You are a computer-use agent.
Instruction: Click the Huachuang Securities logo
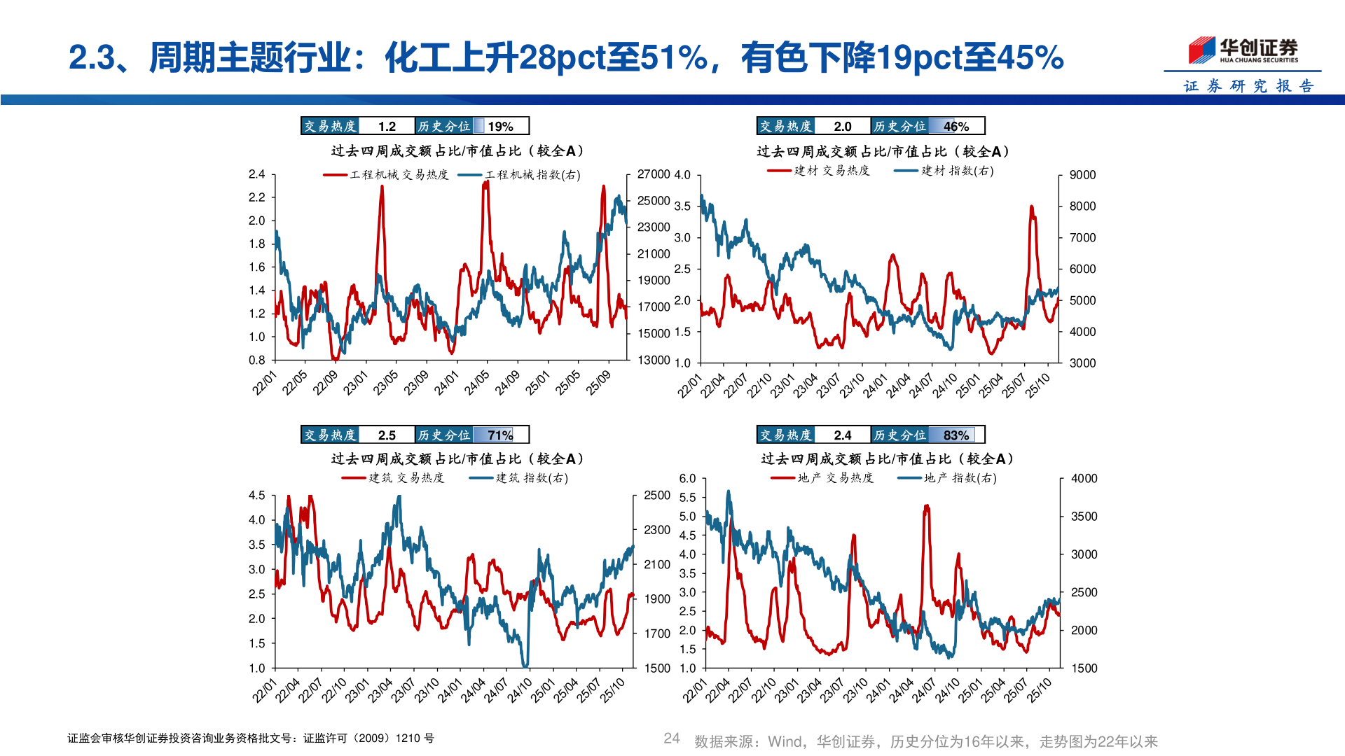[1243, 50]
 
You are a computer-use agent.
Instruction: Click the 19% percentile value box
[501, 126]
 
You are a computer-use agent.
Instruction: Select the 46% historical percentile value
[956, 126]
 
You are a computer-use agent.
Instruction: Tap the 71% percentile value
[501, 435]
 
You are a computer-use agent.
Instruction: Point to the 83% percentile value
[956, 435]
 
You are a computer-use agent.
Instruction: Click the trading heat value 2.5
[387, 435]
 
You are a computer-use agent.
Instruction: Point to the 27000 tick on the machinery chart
[654, 174]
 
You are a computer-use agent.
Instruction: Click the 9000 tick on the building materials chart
[1082, 175]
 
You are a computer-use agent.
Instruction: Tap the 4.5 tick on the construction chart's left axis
[256, 496]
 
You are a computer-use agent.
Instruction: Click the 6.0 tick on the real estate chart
[687, 479]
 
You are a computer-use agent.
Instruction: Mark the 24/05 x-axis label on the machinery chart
[478, 382]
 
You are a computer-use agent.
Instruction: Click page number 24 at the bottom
[671, 738]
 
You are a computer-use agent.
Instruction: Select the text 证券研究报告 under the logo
[1248, 86]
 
